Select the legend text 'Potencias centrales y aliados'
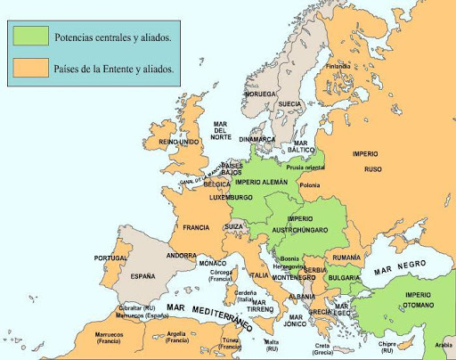[113, 37]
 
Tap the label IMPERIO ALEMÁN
[261, 182]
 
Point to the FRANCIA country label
[196, 227]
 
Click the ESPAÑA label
[142, 276]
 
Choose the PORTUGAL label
[113, 258]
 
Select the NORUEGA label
[260, 93]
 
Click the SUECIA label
[290, 103]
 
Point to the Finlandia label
[338, 66]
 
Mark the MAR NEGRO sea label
[400, 266]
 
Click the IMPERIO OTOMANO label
[418, 299]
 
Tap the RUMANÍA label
[345, 257]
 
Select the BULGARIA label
[344, 277]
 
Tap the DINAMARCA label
[256, 139]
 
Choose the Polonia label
[310, 185]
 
